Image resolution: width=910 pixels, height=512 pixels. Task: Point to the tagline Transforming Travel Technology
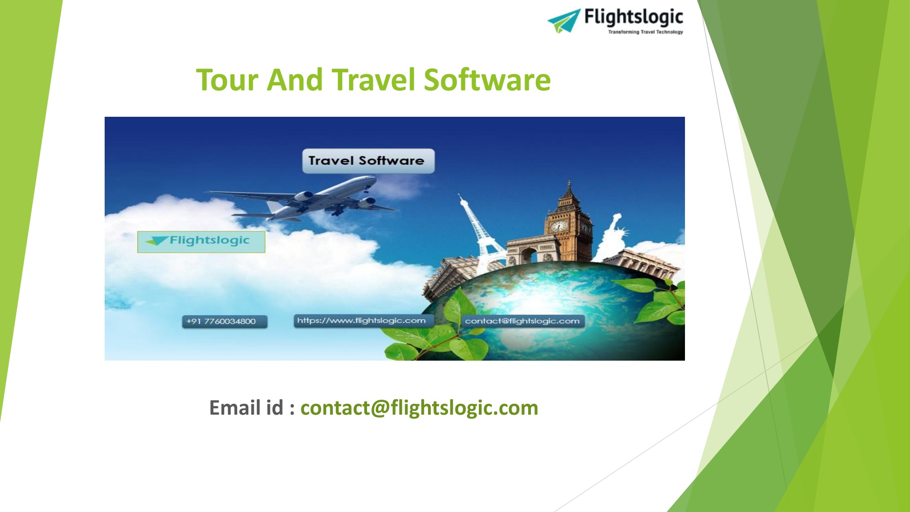click(645, 32)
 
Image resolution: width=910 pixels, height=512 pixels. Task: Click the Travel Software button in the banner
click(368, 161)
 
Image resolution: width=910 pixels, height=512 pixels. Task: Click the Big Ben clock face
click(558, 226)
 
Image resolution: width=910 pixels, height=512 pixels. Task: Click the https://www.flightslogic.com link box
click(362, 321)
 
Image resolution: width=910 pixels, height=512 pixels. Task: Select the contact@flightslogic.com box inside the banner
click(522, 321)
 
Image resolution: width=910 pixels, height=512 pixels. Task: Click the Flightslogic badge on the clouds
click(201, 242)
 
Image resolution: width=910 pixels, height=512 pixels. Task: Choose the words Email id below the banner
click(246, 408)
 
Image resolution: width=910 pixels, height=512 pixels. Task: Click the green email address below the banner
click(419, 408)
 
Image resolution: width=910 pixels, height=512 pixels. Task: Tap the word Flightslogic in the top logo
click(633, 17)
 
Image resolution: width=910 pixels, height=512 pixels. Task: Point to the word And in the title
click(295, 80)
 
